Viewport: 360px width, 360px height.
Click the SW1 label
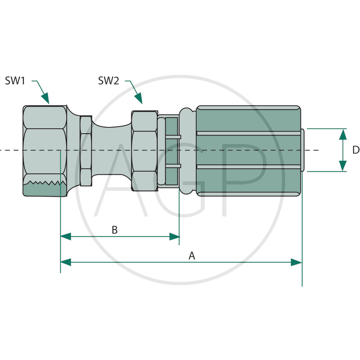[x=15, y=81]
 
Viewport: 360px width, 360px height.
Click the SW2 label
[x=108, y=81]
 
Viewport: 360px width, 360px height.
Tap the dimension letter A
[x=192, y=256]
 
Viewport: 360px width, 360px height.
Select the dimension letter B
[x=115, y=230]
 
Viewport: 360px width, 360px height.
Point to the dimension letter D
[x=356, y=150]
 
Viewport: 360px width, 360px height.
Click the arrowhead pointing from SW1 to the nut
[x=46, y=99]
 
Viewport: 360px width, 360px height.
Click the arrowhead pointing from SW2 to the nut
[x=139, y=99]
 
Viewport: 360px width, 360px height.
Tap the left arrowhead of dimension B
[x=66, y=237]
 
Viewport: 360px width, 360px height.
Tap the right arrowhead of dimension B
[x=175, y=237]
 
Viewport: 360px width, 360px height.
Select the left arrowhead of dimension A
[x=66, y=262]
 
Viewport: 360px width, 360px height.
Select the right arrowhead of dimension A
[x=297, y=262]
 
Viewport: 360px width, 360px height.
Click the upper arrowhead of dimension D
[x=343, y=134]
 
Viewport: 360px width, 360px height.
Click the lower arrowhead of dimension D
[x=343, y=166]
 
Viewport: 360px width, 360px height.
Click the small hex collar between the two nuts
[x=86, y=151]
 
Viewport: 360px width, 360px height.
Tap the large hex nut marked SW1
[x=45, y=151]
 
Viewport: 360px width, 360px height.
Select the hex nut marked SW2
[x=144, y=151]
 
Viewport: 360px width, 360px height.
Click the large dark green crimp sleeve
[x=249, y=151]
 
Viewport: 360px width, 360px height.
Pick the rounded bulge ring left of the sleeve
[x=187, y=151]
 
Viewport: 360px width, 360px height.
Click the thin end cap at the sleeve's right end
[x=303, y=150]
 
